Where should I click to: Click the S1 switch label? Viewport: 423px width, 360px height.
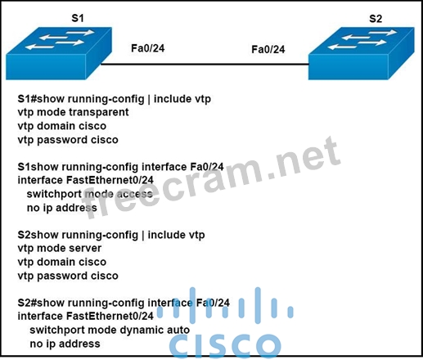(78, 18)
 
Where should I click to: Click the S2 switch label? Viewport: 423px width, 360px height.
(376, 19)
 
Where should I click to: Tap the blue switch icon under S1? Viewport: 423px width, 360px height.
(59, 53)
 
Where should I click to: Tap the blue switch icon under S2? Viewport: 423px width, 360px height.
(362, 53)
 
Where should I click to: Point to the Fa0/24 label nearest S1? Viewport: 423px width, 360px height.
(148, 48)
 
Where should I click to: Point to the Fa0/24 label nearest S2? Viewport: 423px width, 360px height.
(268, 49)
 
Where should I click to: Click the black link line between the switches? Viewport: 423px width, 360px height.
(205, 65)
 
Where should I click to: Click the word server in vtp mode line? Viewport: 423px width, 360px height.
(85, 248)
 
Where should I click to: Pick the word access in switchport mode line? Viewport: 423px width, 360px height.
(134, 194)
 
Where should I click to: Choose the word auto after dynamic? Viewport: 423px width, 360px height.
(178, 330)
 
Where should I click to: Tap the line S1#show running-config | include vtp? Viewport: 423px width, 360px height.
(115, 99)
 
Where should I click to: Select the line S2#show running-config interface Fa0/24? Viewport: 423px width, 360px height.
(124, 303)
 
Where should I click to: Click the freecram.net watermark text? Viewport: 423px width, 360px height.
(210, 177)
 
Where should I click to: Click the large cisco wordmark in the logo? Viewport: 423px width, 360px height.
(225, 344)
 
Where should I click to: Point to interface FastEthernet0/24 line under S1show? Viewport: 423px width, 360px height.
(86, 180)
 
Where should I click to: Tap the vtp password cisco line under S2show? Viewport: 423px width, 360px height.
(68, 276)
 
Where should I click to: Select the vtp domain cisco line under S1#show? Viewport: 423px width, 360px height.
(62, 126)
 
